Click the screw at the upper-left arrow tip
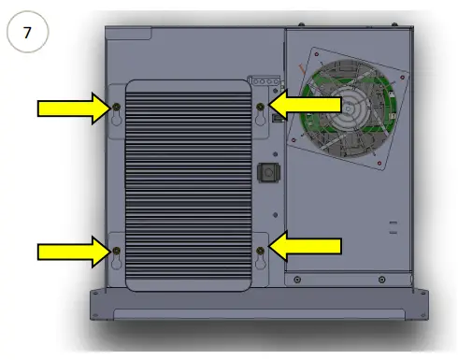point(116,108)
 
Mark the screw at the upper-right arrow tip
point(260,108)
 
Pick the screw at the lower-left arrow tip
point(116,250)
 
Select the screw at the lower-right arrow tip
point(260,250)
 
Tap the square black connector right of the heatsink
point(265,173)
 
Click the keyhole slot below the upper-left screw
point(116,124)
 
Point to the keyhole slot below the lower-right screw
point(260,266)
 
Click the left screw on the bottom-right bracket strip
point(296,279)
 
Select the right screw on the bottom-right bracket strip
point(380,279)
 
